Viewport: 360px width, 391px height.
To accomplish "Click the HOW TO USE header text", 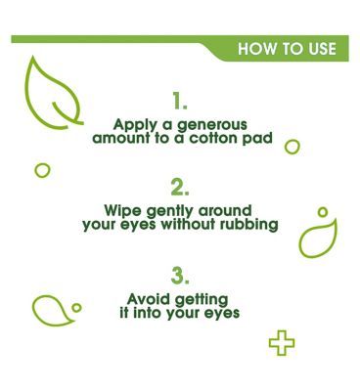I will pos(288,49).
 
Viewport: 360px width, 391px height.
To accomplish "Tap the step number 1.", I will pos(179,100).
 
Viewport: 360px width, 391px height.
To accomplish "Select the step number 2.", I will pos(179,186).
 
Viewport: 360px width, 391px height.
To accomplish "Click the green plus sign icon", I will pos(282,343).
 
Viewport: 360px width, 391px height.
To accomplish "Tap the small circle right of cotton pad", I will pos(292,147).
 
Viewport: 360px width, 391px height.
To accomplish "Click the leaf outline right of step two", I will pos(318,238).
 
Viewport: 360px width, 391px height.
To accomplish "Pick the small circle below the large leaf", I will pos(42,170).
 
